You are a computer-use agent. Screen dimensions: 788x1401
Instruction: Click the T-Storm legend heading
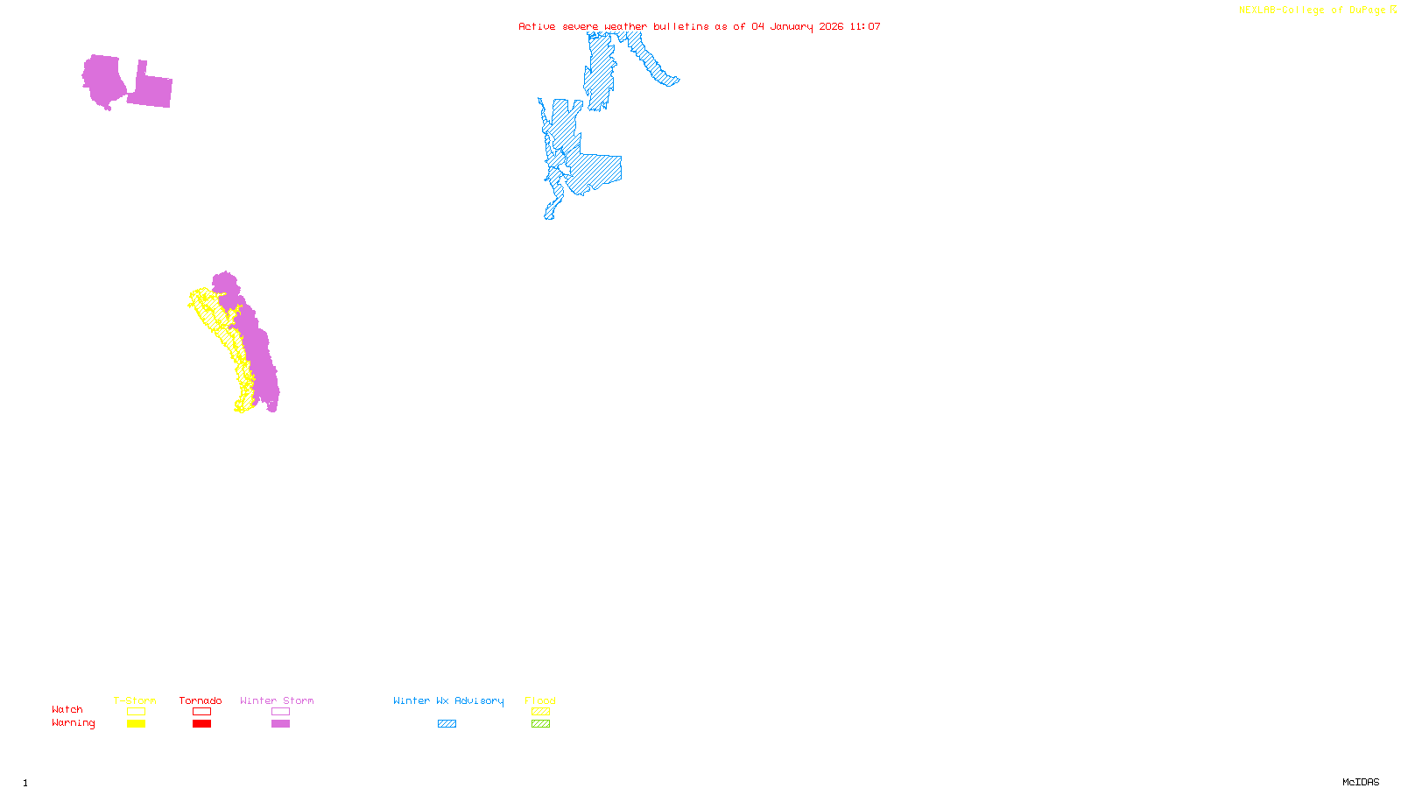[135, 700]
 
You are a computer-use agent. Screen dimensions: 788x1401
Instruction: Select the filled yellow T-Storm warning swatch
[136, 724]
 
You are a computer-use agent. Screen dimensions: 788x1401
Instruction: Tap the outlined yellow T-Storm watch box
[136, 712]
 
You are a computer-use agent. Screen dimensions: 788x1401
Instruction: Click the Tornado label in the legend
[201, 700]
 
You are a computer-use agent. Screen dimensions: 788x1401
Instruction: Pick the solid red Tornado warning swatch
[201, 724]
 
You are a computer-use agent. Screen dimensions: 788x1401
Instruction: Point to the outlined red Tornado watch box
[201, 712]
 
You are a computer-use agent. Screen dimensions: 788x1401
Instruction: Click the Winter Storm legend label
[277, 700]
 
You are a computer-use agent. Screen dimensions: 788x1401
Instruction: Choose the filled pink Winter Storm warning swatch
[280, 724]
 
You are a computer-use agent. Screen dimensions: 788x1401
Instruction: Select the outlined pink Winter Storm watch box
[280, 712]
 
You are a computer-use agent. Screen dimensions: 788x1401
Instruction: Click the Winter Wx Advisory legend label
[448, 700]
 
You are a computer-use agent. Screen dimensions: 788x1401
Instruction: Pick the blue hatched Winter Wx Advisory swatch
[447, 724]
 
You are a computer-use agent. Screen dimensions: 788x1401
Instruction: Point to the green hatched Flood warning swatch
[540, 724]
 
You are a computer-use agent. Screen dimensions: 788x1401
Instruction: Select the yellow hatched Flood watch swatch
[540, 712]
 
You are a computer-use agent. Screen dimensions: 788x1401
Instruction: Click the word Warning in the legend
[73, 723]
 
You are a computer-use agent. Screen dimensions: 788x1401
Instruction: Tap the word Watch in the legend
[67, 709]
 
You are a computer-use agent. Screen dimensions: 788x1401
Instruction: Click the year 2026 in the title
[831, 26]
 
